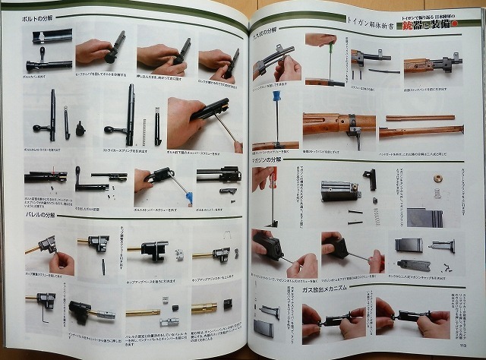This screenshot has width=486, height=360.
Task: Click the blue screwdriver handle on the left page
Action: pos(187,199)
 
